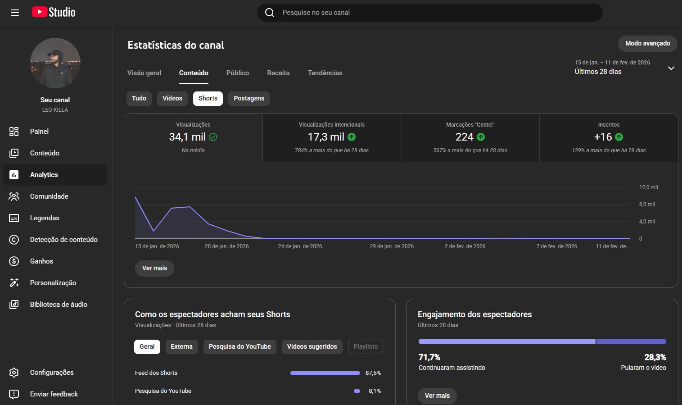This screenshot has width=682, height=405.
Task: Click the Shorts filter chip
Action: point(208,98)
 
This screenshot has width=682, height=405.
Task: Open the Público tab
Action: point(238,73)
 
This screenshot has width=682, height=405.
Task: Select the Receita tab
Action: point(278,73)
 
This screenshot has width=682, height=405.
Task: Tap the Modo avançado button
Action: point(648,44)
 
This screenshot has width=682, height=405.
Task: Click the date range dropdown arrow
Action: point(671,68)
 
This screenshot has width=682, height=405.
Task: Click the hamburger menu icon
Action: point(15,13)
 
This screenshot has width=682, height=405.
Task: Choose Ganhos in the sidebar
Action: point(41,261)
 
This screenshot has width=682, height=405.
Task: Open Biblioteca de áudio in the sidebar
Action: point(59,305)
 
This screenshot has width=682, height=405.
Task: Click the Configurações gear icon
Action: point(14,373)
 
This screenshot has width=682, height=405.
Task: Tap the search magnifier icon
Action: point(270,13)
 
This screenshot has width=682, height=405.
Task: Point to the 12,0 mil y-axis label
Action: point(649,187)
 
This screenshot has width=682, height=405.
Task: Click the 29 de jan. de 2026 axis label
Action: point(392,246)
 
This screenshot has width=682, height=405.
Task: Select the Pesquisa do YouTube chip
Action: point(239,347)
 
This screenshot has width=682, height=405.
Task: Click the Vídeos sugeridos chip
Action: point(312,347)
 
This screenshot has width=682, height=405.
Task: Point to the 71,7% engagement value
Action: point(429,357)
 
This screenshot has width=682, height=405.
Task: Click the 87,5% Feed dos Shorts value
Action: point(373,373)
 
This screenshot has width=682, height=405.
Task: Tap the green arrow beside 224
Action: point(481,137)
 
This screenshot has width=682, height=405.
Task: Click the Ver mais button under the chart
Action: point(154,268)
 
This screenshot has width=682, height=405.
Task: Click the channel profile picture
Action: point(55,63)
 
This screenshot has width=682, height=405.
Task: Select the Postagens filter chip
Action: point(249,98)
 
